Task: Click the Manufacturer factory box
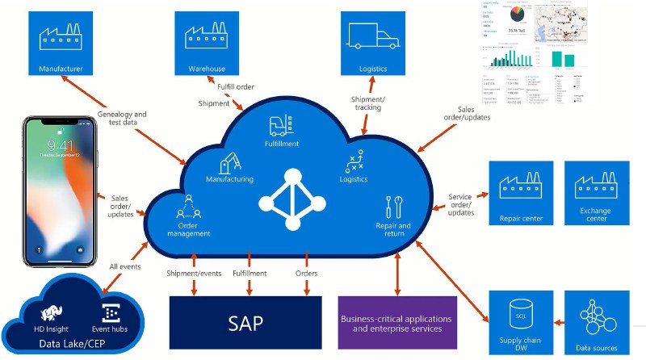pyautogui.click(x=61, y=42)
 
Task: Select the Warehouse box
pyautogui.click(x=207, y=42)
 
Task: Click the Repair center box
pyautogui.click(x=521, y=194)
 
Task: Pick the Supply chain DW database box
pyautogui.click(x=521, y=323)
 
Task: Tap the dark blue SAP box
pyautogui.click(x=245, y=322)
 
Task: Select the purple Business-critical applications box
pyautogui.click(x=396, y=322)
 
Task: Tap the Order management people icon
pyautogui.click(x=188, y=206)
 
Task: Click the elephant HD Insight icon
pyautogui.click(x=57, y=312)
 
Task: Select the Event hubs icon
pyautogui.click(x=111, y=312)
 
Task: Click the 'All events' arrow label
pyautogui.click(x=124, y=266)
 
